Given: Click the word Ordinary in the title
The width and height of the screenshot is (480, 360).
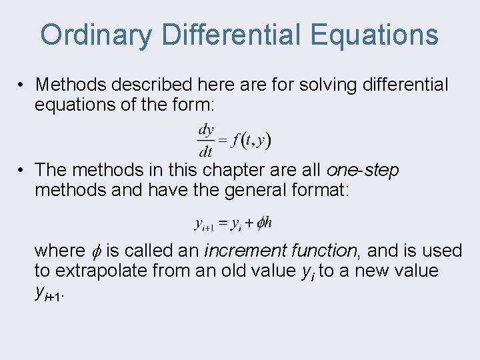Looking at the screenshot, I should [x=96, y=35].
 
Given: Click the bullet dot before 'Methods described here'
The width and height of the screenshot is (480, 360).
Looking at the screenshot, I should [x=22, y=85].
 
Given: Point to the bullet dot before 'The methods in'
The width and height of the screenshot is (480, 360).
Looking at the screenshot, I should [x=22, y=171].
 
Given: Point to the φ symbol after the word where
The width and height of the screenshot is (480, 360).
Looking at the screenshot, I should [x=96, y=251].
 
